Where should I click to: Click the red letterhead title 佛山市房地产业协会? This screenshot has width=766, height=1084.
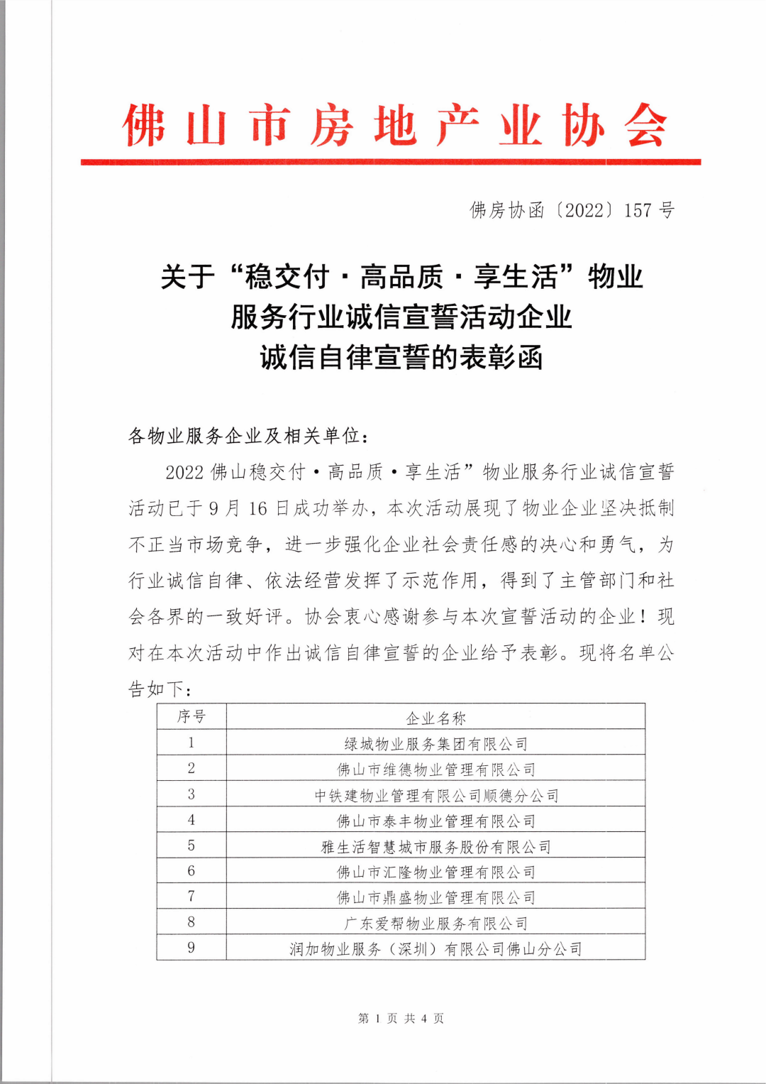[394, 126]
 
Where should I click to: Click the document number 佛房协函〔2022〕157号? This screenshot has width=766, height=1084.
[572, 210]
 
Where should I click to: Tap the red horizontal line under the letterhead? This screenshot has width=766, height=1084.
[390, 163]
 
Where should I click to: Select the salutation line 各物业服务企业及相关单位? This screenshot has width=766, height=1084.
[248, 435]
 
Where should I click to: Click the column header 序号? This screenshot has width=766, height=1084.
[191, 717]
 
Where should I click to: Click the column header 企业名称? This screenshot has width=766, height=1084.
[435, 718]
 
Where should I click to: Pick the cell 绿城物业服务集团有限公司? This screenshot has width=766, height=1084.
[435, 744]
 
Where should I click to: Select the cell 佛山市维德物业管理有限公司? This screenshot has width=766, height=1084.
[435, 770]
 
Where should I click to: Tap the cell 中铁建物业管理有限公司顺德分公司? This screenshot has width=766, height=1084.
[435, 795]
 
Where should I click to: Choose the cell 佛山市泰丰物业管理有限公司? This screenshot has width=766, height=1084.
[435, 821]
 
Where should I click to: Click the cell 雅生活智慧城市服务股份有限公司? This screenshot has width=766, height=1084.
[435, 847]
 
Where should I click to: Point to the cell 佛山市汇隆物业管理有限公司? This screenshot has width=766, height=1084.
[435, 872]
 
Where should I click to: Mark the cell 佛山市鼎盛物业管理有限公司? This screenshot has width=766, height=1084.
[435, 898]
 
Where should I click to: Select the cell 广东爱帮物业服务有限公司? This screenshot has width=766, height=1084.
[435, 924]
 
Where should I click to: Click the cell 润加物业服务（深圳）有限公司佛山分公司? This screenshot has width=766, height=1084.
[435, 949]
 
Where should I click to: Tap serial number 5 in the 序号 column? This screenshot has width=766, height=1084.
[191, 845]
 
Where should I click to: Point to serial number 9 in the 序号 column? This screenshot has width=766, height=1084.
[191, 948]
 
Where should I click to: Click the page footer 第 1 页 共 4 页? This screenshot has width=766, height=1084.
[401, 1019]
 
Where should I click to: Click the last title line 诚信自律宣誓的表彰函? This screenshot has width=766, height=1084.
[401, 357]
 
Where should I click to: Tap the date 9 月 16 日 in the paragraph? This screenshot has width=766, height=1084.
[249, 508]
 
